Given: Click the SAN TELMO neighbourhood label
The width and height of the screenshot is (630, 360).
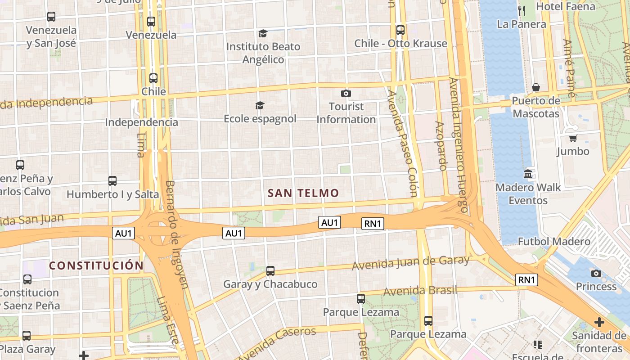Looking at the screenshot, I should pyautogui.click(x=303, y=193).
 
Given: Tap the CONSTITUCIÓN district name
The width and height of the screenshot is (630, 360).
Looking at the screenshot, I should pyautogui.click(x=96, y=265).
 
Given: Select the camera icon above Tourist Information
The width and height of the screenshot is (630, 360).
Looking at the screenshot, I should pyautogui.click(x=346, y=93).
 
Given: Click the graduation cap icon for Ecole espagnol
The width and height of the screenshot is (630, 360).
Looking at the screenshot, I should pyautogui.click(x=260, y=105).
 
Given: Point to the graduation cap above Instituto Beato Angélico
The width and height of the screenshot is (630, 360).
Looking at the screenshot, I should pyautogui.click(x=262, y=33).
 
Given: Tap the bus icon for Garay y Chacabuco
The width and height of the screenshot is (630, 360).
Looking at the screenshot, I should pyautogui.click(x=270, y=271).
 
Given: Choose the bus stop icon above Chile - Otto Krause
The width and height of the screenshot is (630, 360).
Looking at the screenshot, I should pyautogui.click(x=400, y=30).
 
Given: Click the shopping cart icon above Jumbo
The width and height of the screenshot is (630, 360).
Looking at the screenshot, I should pyautogui.click(x=573, y=138).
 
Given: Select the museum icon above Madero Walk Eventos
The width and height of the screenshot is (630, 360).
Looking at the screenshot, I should pyautogui.click(x=528, y=174).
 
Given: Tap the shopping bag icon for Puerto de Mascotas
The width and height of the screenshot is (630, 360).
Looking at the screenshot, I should pyautogui.click(x=535, y=87).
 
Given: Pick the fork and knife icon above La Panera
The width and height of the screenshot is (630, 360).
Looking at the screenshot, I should pyautogui.click(x=522, y=10).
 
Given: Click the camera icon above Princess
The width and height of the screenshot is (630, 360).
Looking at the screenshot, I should pyautogui.click(x=596, y=273).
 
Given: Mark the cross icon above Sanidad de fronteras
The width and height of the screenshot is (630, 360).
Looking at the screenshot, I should pyautogui.click(x=599, y=322).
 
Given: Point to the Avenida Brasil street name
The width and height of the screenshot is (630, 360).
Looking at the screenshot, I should pyautogui.click(x=420, y=291).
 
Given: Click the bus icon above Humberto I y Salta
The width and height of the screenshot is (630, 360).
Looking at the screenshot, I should pyautogui.click(x=112, y=181).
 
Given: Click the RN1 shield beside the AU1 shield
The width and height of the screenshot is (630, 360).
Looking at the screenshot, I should pyautogui.click(x=373, y=224).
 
